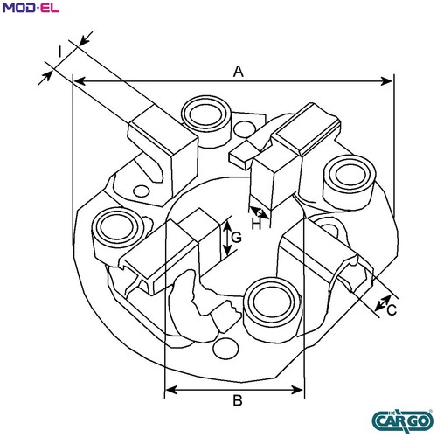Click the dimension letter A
[x=239, y=72]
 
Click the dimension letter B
[x=238, y=400]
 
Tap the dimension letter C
[x=392, y=310]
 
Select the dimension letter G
[x=236, y=238]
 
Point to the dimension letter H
[x=256, y=225]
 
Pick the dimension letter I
[x=59, y=52]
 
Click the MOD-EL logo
[x=31, y=8]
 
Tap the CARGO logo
[x=403, y=420]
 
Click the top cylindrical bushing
[x=205, y=121]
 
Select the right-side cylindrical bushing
[x=350, y=183]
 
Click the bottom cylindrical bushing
[x=272, y=309]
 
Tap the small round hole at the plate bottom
[x=225, y=349]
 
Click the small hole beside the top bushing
[x=245, y=129]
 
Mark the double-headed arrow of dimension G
[x=227, y=238]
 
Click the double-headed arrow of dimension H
[x=259, y=212]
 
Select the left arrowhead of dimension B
[x=171, y=390]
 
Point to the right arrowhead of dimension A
[x=386, y=81]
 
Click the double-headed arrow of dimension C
[x=383, y=302]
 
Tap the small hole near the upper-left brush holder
[x=142, y=191]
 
